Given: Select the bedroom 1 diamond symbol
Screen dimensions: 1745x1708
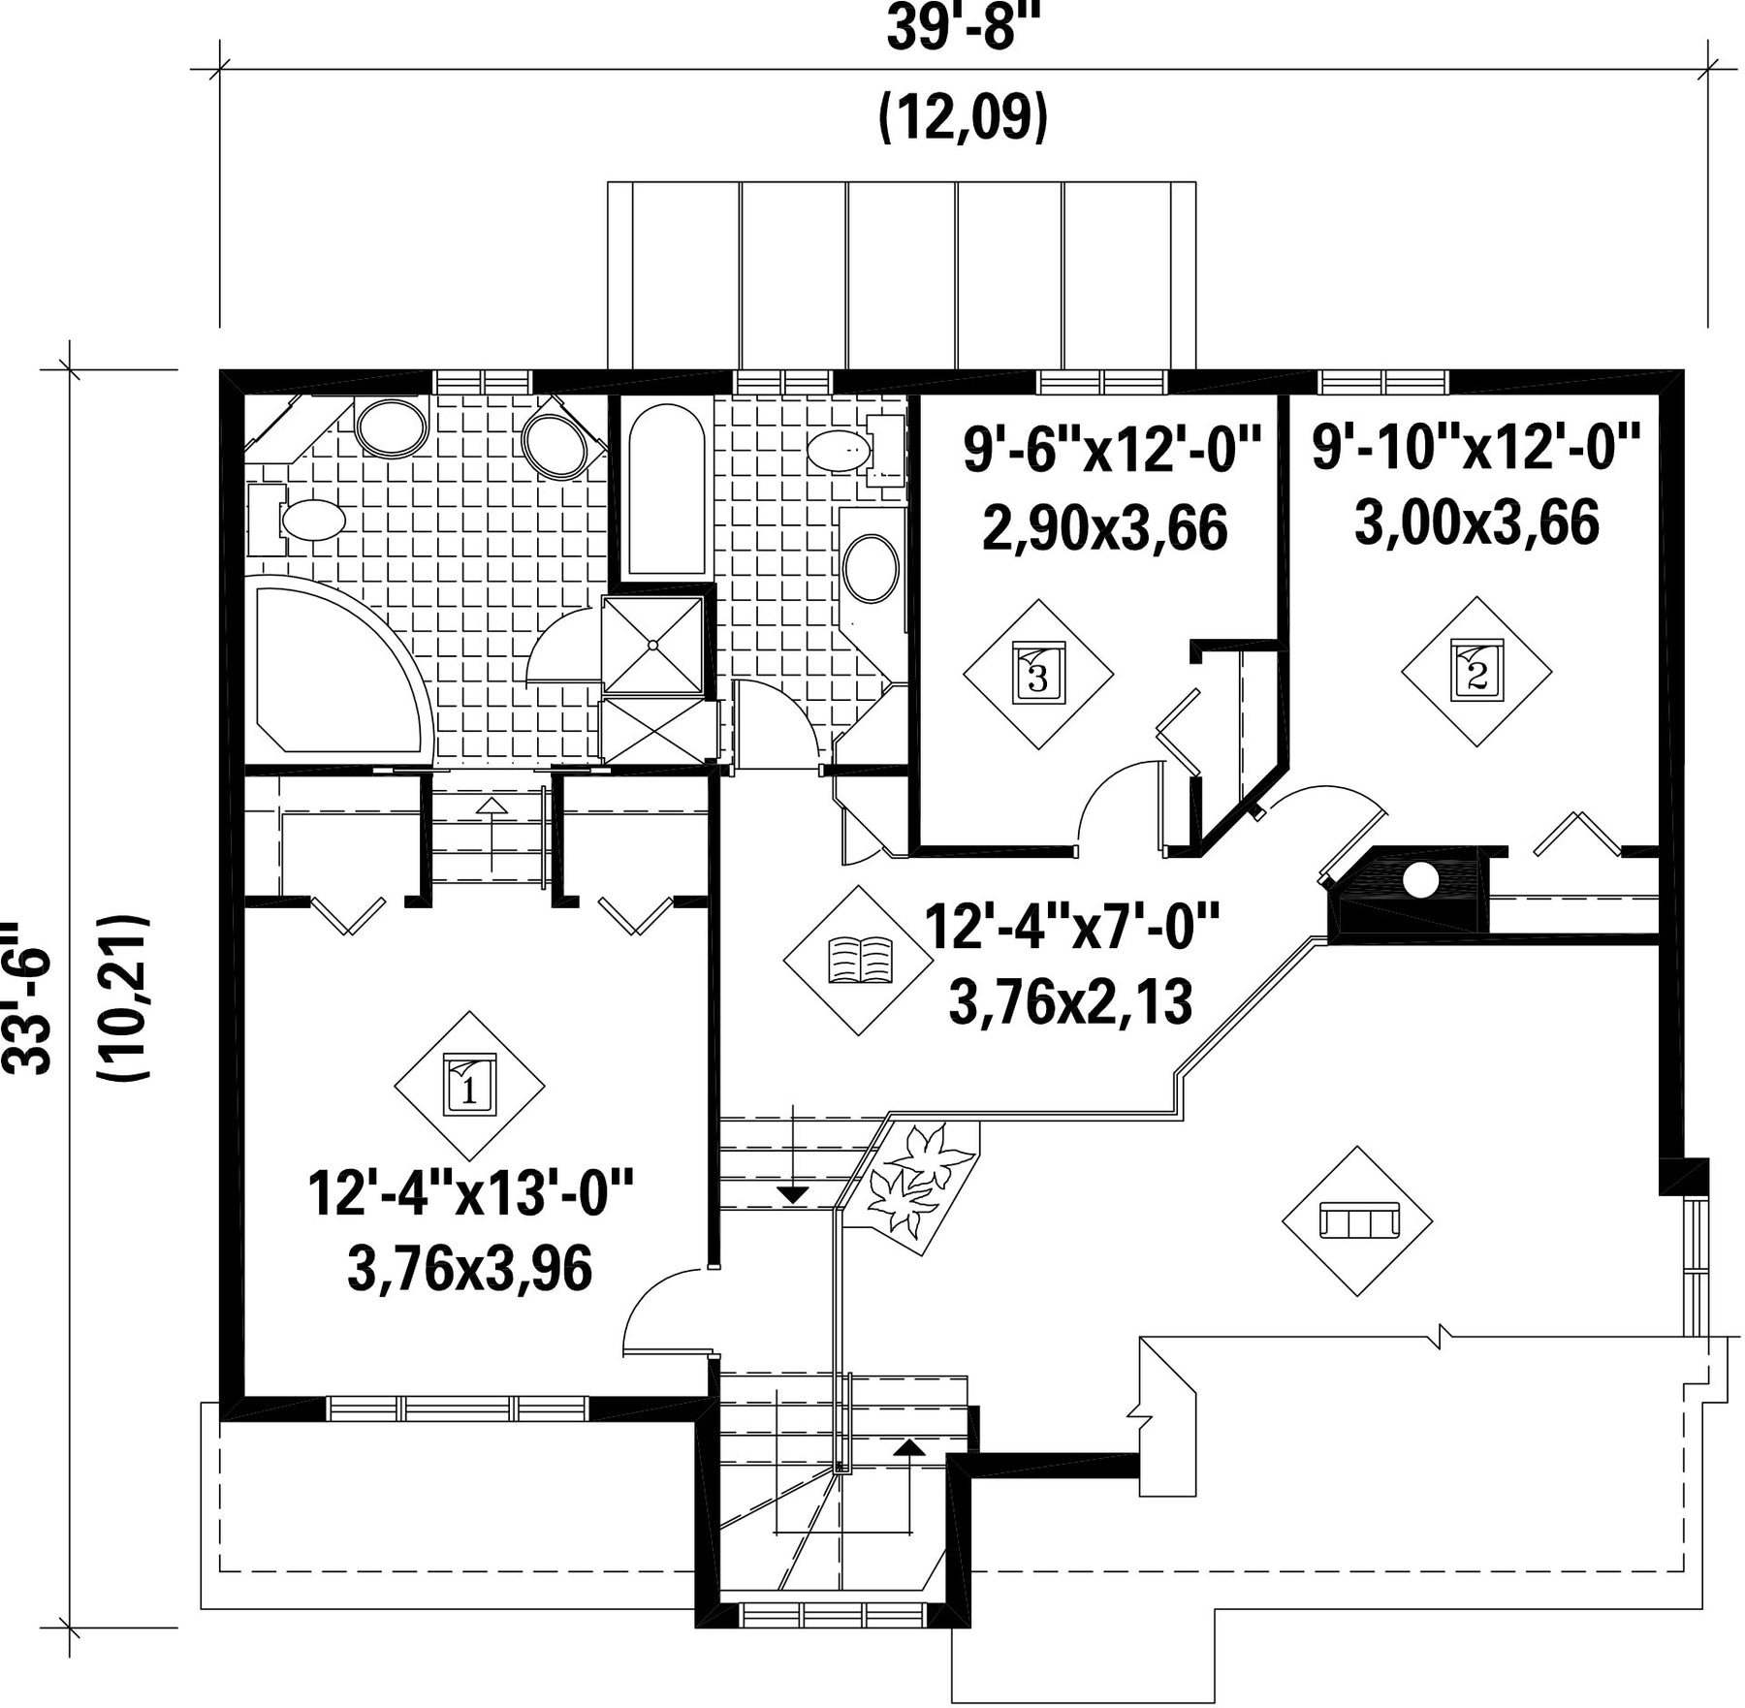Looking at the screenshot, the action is (x=469, y=1086).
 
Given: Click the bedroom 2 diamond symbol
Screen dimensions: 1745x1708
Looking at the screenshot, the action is (x=1476, y=671).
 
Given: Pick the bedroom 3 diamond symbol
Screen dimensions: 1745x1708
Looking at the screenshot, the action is (x=1038, y=674).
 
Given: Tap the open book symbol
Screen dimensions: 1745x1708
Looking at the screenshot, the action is (x=859, y=960).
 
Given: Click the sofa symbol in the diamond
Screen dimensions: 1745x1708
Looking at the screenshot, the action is (x=1357, y=1220).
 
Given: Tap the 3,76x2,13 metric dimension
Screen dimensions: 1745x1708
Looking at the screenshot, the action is (x=1070, y=1002).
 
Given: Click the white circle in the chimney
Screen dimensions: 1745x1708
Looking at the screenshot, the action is (x=1420, y=879).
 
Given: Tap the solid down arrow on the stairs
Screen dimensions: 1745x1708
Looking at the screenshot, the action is (x=794, y=1195).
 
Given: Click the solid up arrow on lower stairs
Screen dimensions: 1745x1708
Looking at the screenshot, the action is (x=908, y=1448).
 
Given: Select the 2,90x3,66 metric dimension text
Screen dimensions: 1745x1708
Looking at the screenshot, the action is (x=1105, y=528).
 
